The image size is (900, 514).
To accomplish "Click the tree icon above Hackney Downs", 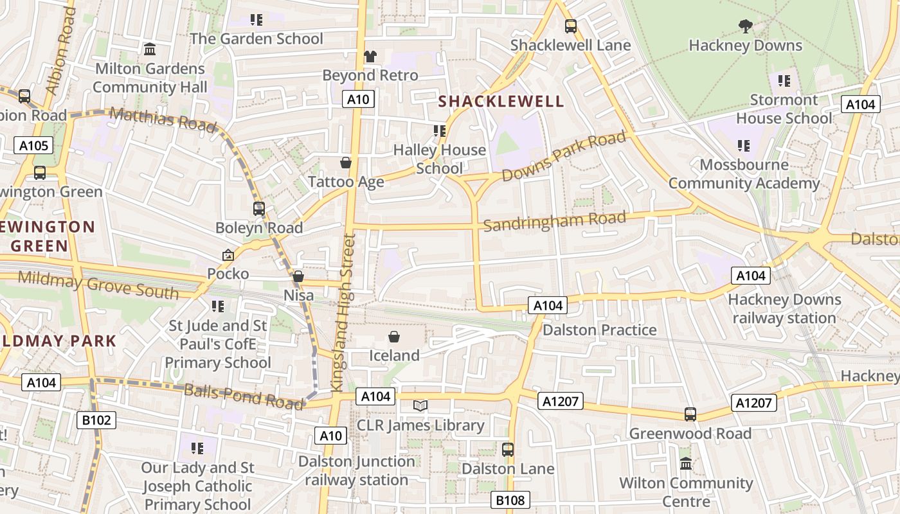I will click(745, 26).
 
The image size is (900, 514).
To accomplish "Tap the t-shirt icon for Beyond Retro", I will click(370, 57).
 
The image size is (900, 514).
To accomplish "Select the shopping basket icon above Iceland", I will click(394, 337).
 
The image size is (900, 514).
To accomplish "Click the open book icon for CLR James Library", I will click(420, 406).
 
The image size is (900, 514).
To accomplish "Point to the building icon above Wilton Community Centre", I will click(686, 463).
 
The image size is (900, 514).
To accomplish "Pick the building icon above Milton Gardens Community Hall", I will click(150, 49).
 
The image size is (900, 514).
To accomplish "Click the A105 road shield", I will click(33, 145).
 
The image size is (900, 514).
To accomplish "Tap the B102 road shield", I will click(97, 421).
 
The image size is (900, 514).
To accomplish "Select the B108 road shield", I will click(511, 500).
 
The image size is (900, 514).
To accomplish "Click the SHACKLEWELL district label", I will click(501, 102).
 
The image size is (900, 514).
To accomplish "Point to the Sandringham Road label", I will click(554, 220).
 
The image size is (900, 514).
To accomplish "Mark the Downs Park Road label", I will click(564, 156).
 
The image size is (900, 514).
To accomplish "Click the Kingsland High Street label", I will click(343, 313).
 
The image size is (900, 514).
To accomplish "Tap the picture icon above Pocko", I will click(228, 255).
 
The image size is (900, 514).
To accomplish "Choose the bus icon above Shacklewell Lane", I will click(570, 26).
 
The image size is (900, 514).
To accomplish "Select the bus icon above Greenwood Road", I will click(690, 414).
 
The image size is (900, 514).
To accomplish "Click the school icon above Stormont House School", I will click(784, 81).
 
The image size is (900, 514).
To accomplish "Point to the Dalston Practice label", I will click(600, 330).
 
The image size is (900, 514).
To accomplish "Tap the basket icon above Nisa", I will click(298, 276).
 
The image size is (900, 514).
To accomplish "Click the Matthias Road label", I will click(163, 120).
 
